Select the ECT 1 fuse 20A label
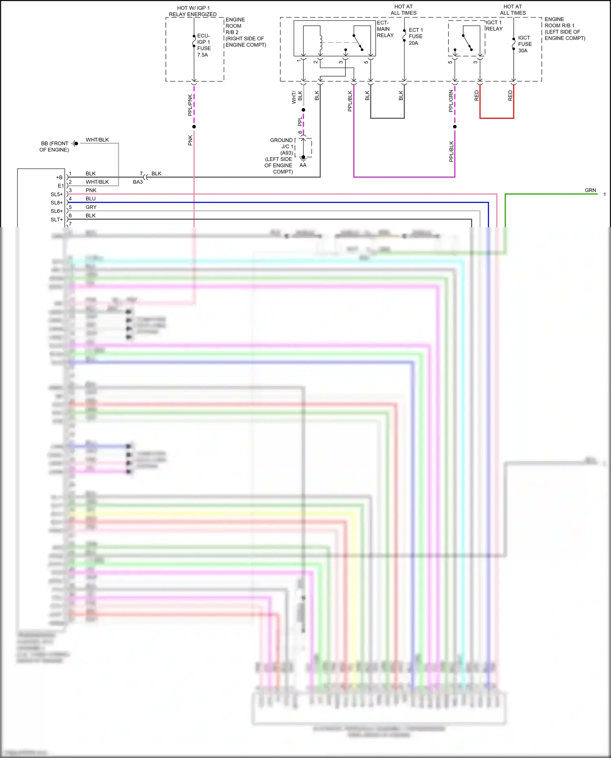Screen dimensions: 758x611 (x=415, y=36)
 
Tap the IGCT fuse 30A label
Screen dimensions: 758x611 (x=524, y=44)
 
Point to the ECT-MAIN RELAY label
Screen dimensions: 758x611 (x=385, y=29)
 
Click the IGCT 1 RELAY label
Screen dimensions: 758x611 (x=494, y=26)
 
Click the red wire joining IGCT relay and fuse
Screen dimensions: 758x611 (x=497, y=118)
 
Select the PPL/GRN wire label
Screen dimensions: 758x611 (x=451, y=101)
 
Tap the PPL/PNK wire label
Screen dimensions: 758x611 (x=190, y=105)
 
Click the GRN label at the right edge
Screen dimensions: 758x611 (x=590, y=190)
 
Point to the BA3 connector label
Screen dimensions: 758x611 (x=138, y=182)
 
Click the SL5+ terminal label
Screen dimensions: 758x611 (x=57, y=194)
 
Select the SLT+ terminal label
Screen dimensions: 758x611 (x=57, y=220)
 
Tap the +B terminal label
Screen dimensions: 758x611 (x=59, y=178)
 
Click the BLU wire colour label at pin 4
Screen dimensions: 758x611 (x=90, y=199)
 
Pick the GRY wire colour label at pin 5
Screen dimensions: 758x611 (x=91, y=207)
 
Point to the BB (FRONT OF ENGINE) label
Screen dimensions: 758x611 (x=54, y=147)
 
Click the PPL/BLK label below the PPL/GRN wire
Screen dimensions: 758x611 (x=451, y=152)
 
